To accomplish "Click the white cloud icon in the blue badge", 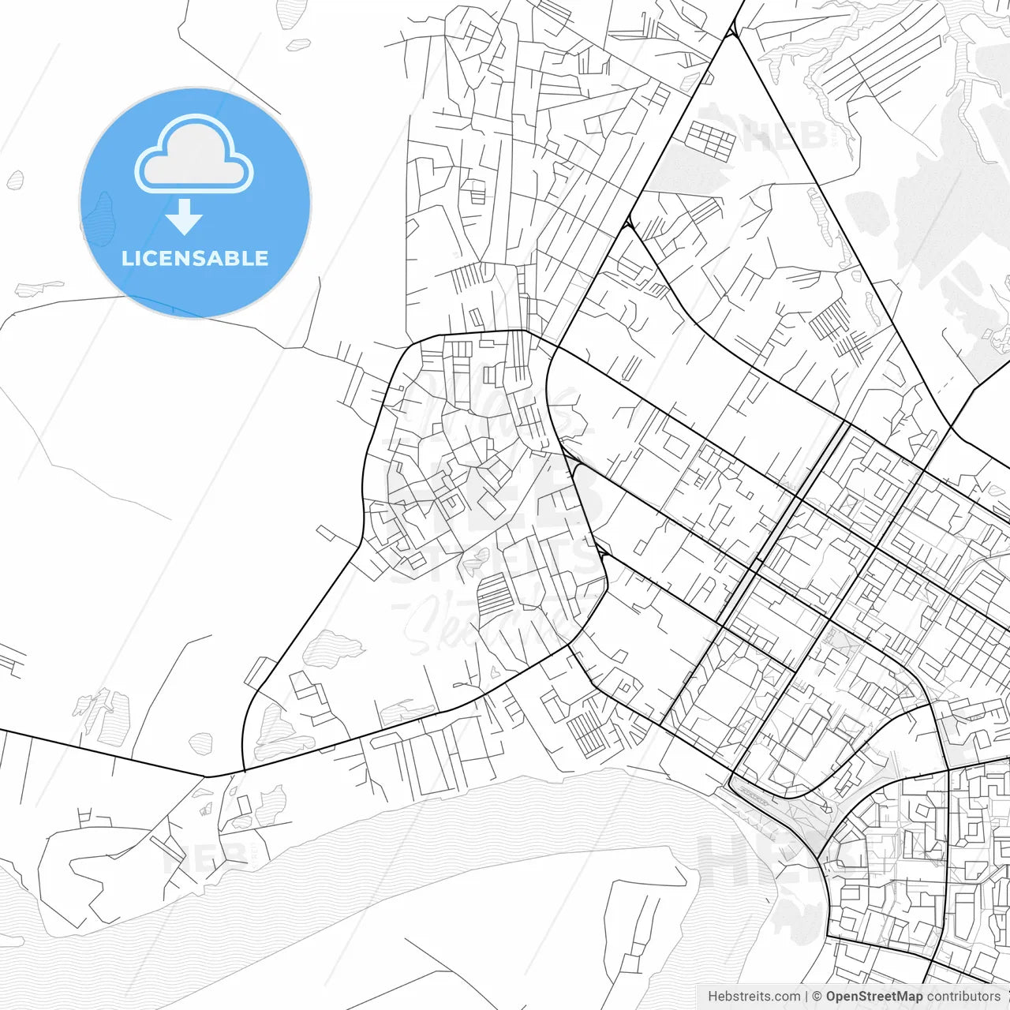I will pyautogui.click(x=194, y=155).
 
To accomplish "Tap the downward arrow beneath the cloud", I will pyautogui.click(x=185, y=217).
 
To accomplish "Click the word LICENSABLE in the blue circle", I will pyautogui.click(x=195, y=258).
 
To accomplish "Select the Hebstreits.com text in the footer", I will pyautogui.click(x=754, y=997).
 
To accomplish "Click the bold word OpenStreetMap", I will pyautogui.click(x=874, y=997).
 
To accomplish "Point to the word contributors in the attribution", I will pyautogui.click(x=963, y=997).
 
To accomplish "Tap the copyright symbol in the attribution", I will pyautogui.click(x=817, y=997).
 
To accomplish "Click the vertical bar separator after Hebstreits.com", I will pyautogui.click(x=806, y=997).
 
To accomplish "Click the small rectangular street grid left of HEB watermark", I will pyautogui.click(x=709, y=140).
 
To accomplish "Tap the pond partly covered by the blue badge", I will pyautogui.click(x=99, y=217).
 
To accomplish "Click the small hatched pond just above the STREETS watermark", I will pyautogui.click(x=476, y=561).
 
